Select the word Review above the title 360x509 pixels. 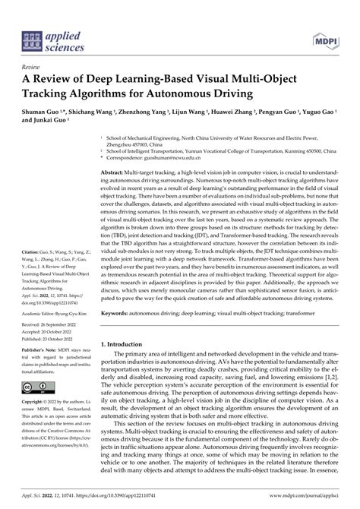pyautogui.click(x=34, y=68)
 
